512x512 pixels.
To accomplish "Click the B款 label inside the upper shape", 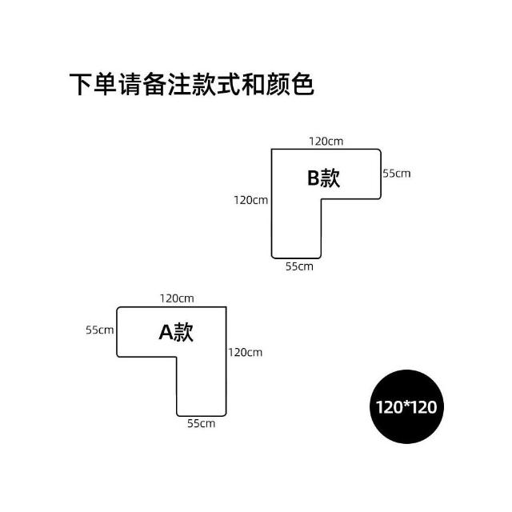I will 324,178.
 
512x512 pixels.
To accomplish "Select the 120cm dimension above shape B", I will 326,142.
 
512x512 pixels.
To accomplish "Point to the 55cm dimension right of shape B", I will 396,173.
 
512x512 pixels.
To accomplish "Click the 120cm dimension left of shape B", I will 250,199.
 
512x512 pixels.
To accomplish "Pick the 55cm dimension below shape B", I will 299,266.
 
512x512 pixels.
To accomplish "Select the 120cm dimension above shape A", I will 177,298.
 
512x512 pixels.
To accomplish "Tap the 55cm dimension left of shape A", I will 100,330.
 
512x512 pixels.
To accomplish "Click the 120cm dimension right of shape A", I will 245,352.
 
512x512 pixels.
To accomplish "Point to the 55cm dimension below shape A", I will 202,422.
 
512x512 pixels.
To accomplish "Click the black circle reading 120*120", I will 406,406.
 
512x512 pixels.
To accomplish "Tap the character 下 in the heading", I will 81,85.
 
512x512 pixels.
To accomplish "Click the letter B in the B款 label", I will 314,178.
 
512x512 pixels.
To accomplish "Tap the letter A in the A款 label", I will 166,332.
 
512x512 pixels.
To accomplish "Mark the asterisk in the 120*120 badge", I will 406,405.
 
